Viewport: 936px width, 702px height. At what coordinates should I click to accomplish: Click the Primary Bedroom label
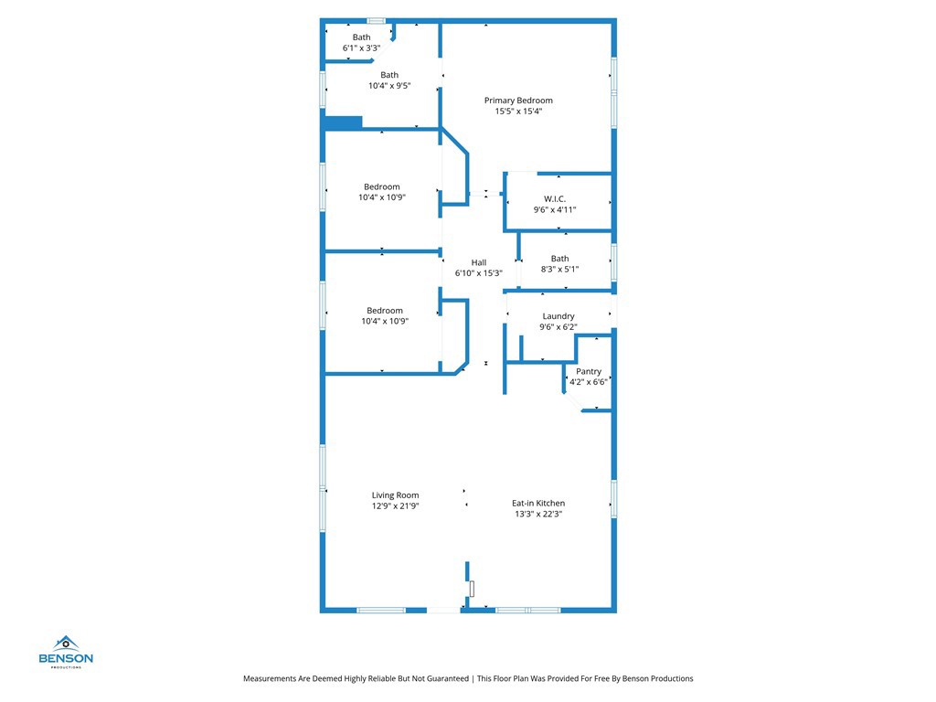pos(518,101)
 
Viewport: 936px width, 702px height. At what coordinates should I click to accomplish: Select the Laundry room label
pos(558,316)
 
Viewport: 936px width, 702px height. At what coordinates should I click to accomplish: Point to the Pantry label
pos(589,371)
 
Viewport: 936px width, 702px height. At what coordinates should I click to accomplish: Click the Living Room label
pos(395,495)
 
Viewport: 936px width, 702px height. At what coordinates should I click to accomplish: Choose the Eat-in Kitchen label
pos(537,503)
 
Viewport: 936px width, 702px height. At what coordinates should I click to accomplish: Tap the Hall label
pos(478,262)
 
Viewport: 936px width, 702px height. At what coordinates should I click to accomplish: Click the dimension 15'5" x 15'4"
pos(518,112)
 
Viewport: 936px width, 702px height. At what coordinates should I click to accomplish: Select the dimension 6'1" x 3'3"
pos(361,48)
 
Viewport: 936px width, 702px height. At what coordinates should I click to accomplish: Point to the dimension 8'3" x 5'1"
pos(559,270)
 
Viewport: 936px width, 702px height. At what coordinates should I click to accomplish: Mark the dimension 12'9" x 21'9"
pos(395,505)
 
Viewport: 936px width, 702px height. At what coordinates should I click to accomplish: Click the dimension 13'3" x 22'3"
pos(537,514)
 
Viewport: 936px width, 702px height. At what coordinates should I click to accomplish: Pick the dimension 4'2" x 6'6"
pos(589,382)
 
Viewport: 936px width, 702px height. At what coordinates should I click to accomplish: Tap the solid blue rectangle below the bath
pos(344,122)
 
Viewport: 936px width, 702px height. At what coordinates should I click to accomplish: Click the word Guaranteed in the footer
pos(441,678)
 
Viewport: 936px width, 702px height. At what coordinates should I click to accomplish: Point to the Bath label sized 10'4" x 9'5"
pos(389,75)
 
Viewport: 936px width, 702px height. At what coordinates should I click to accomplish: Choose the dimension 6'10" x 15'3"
pos(478,273)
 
